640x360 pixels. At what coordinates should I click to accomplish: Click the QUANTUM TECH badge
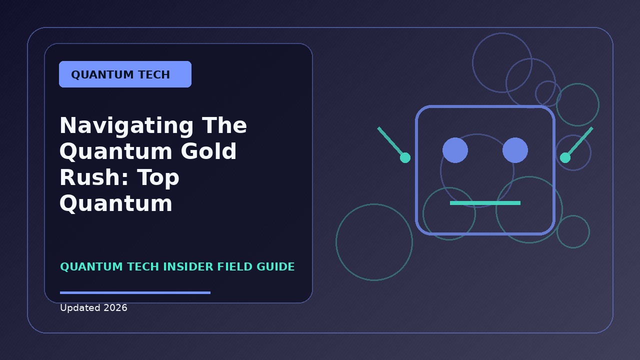pos(125,74)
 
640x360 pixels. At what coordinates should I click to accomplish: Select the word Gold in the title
pos(208,151)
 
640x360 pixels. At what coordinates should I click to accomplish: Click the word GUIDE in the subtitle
pos(275,267)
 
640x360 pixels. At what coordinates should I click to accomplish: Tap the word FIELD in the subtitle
pos(235,267)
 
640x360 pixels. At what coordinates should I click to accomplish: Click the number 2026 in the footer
pos(115,307)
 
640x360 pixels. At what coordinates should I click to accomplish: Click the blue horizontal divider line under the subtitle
pos(135,292)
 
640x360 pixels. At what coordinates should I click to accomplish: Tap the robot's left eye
pos(455,150)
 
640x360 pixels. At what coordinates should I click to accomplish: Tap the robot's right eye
pos(515,150)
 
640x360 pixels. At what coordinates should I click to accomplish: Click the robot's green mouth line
pos(485,203)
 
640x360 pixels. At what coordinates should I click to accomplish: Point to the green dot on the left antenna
pos(405,157)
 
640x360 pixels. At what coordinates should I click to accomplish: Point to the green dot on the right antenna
pos(565,157)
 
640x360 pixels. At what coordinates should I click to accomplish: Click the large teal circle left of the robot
pos(336,242)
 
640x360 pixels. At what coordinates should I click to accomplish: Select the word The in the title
pos(224,126)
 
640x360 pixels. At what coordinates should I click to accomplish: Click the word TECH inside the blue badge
pos(154,74)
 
